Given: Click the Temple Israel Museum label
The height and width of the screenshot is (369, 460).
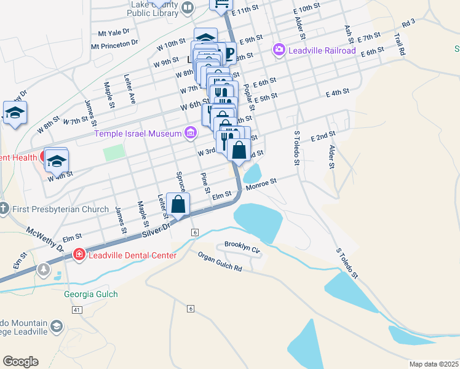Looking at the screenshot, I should coord(138,133).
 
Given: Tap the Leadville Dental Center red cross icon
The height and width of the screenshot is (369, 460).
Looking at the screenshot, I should coord(79,255).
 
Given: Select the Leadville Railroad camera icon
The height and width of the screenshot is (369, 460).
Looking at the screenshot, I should coord(279,49).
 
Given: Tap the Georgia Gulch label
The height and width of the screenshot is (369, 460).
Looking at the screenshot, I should coord(91,294).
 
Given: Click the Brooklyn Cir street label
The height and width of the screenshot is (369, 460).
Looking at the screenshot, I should coord(243,245).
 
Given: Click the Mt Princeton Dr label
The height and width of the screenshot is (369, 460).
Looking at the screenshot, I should coord(114,44).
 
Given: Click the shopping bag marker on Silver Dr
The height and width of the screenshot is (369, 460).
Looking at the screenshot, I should coord(178,205).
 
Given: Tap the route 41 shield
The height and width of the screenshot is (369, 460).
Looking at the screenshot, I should coord(76,311).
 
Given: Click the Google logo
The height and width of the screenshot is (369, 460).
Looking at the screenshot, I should coord(20,362).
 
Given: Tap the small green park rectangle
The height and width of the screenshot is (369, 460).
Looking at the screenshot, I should coord(114,153).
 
